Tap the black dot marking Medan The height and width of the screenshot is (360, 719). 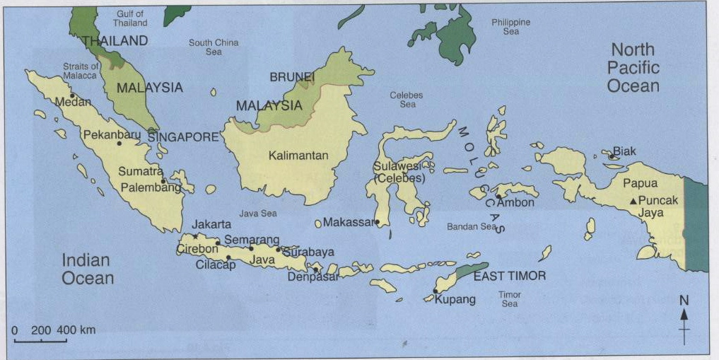point(72,95)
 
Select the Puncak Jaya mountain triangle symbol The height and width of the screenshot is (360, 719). point(633,201)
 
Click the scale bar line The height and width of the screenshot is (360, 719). point(40,341)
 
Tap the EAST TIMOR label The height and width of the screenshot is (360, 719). point(510,276)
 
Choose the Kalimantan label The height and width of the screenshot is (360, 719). point(298,156)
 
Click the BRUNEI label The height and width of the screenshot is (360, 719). point(292,76)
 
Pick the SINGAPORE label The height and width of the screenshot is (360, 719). point(183,137)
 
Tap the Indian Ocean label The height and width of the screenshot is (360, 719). point(87,269)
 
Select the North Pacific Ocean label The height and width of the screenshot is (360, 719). point(633,68)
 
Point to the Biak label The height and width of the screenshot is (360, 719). point(624,151)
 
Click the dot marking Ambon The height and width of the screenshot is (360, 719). point(499,196)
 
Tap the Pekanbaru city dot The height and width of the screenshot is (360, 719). point(119,144)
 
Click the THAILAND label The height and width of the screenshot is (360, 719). point(115,41)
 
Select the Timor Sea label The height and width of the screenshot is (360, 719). point(509,298)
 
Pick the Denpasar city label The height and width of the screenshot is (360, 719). point(313,277)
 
